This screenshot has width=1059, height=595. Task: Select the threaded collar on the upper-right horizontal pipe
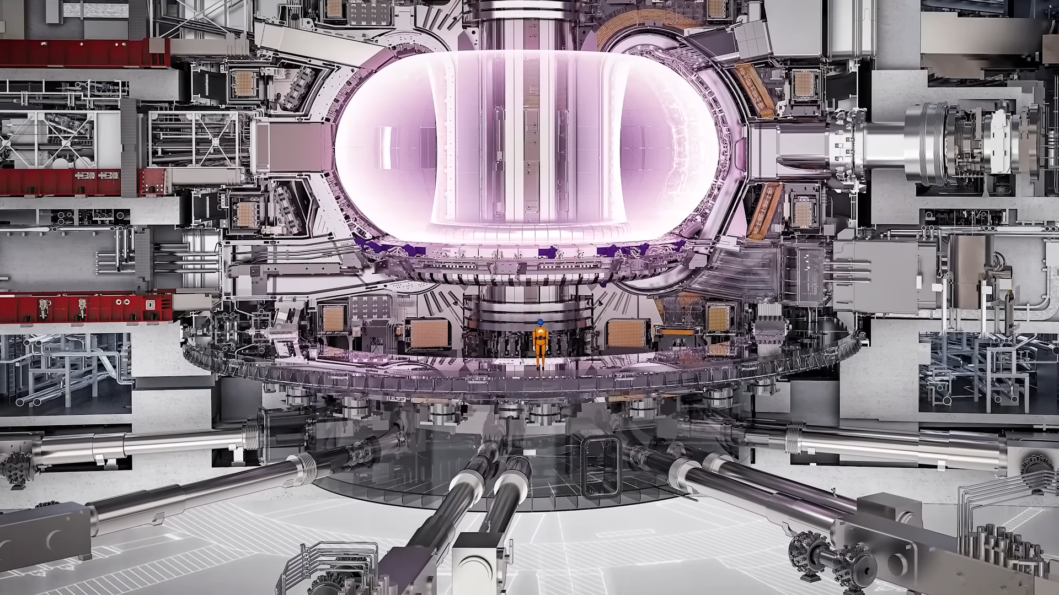797,435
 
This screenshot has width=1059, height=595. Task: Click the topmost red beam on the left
83,52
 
